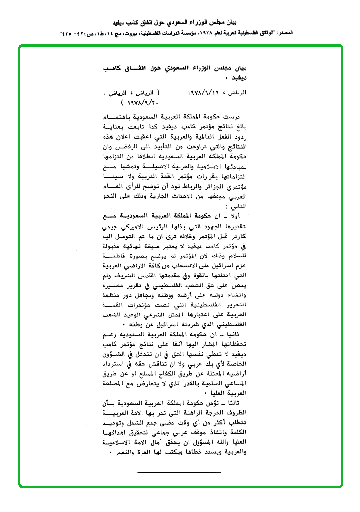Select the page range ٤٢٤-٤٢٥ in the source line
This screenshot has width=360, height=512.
[71, 34]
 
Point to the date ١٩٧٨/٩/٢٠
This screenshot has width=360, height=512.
[143, 102]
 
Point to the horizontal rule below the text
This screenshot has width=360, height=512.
[179, 472]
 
